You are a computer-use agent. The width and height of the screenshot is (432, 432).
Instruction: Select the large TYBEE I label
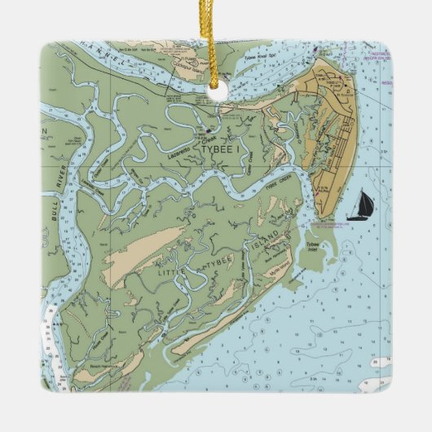pyautogui.click(x=214, y=149)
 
